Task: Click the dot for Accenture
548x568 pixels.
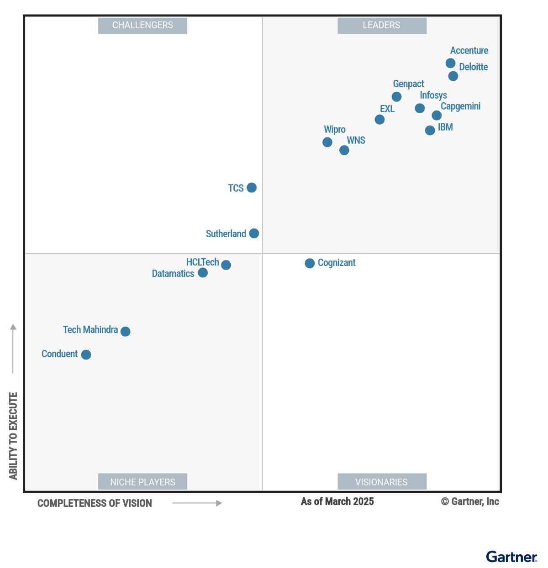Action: (450, 63)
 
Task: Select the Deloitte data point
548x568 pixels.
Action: (453, 76)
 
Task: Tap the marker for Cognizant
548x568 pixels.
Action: (310, 263)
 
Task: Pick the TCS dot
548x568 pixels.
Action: (252, 188)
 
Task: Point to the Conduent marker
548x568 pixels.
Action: (86, 354)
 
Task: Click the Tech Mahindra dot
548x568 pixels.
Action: (126, 331)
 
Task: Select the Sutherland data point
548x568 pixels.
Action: (254, 234)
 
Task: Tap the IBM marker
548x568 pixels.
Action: (430, 130)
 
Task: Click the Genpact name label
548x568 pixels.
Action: (408, 84)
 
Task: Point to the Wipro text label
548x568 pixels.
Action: (335, 130)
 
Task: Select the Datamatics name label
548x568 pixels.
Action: (173, 274)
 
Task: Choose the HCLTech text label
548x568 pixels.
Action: (202, 262)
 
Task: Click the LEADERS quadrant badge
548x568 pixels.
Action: (382, 26)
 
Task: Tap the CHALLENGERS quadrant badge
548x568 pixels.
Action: (142, 26)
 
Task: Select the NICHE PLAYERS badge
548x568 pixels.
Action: (142, 482)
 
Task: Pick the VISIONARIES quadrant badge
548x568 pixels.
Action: (382, 482)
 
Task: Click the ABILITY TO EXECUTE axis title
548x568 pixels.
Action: (13, 436)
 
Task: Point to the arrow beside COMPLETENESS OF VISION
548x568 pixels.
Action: (197, 503)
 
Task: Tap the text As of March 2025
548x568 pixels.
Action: (337, 502)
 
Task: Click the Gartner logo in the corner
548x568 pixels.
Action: (511, 557)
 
